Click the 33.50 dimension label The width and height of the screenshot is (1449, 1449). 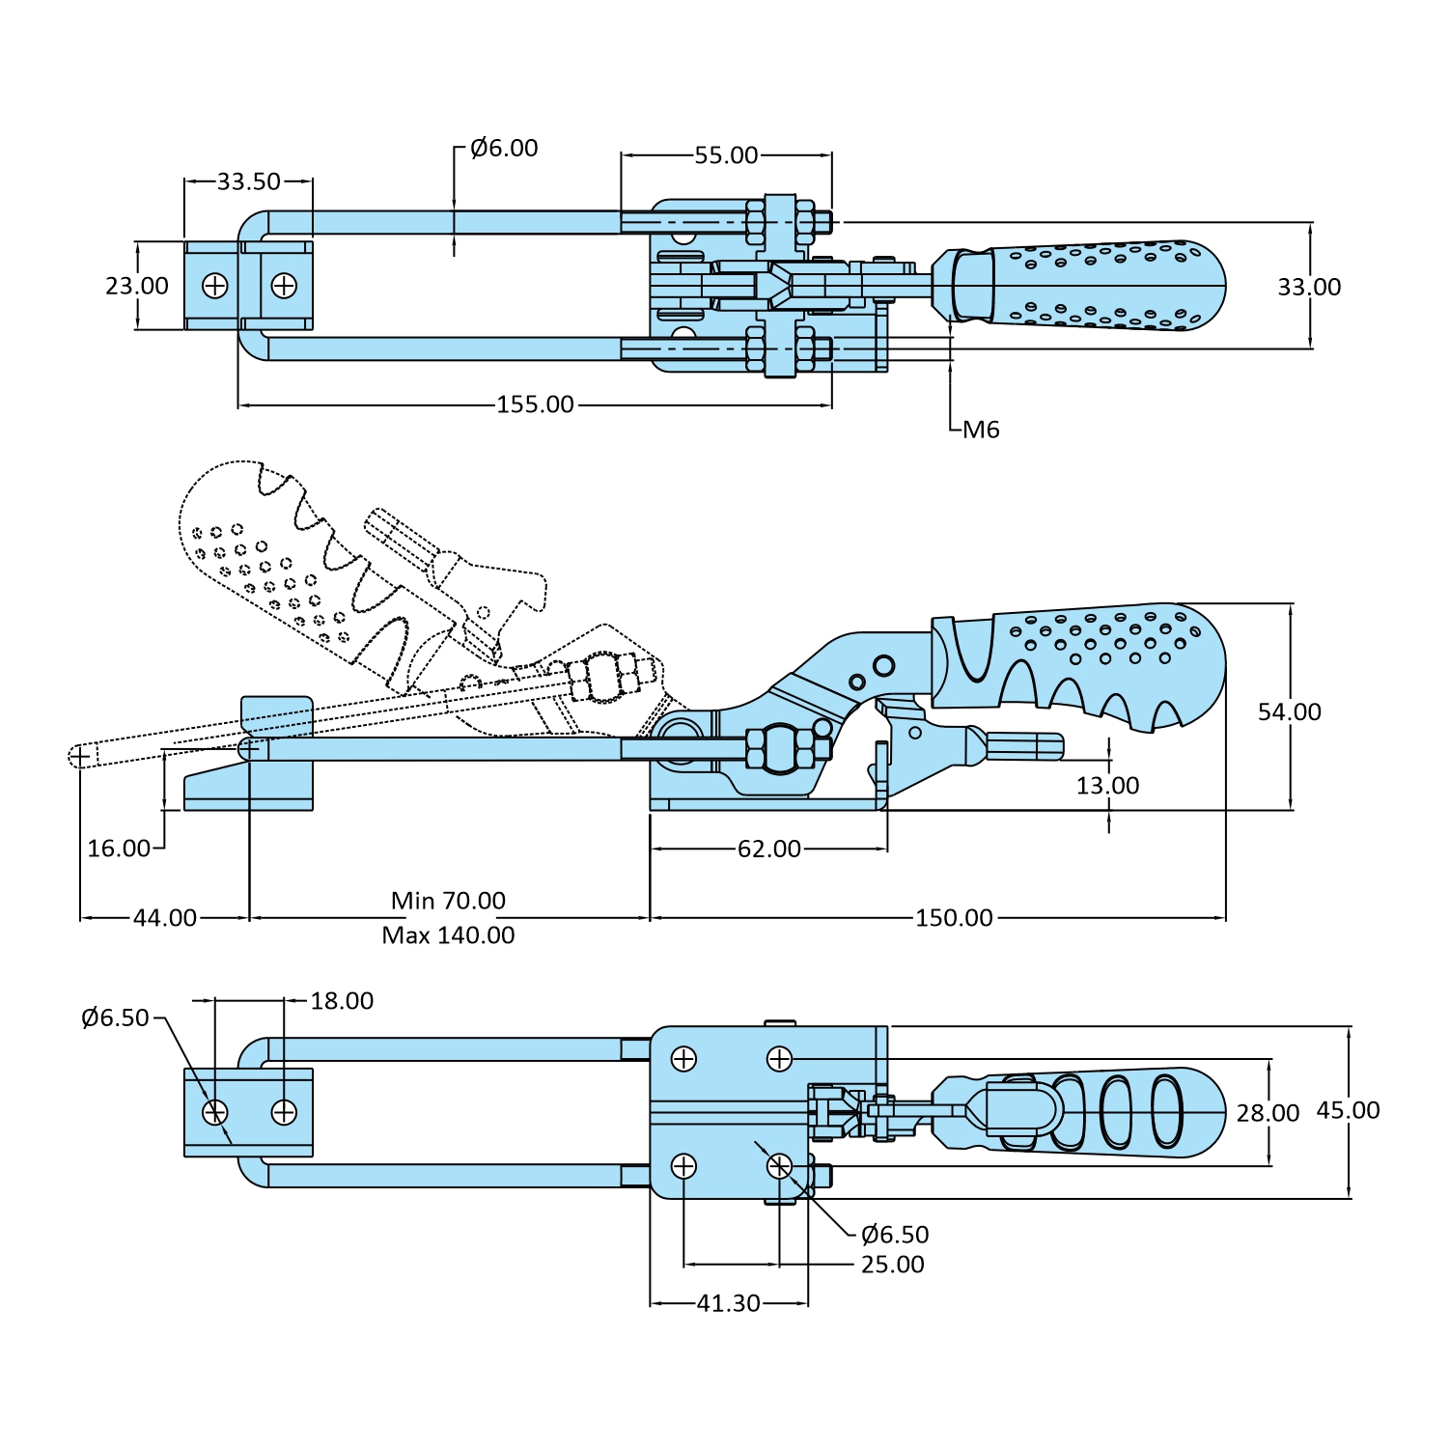click(248, 181)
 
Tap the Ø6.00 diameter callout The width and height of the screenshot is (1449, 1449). click(504, 148)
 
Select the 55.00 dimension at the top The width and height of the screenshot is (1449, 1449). click(726, 155)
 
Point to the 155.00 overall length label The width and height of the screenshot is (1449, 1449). click(535, 404)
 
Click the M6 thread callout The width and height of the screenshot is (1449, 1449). click(981, 430)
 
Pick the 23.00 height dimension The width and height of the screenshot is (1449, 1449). click(137, 286)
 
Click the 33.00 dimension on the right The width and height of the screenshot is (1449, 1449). click(1309, 287)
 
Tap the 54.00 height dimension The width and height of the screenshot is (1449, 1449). click(1289, 711)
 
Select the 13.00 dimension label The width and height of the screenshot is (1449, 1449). click(1107, 786)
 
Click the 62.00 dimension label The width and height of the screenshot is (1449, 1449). click(768, 849)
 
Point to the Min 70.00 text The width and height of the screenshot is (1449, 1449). click(448, 901)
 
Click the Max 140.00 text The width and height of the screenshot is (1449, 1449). click(448, 935)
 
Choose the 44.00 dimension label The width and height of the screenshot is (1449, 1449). click(165, 917)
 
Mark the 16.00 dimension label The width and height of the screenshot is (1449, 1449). click(119, 849)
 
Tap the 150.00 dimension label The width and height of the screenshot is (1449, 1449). click(954, 917)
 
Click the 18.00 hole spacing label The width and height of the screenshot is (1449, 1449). click(342, 1001)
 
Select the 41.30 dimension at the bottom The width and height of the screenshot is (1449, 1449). click(728, 1303)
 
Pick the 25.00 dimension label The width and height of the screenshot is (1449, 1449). click(892, 1265)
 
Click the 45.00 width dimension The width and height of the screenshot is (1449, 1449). click(1348, 1110)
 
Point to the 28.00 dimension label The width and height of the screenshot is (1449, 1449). click(1268, 1113)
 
